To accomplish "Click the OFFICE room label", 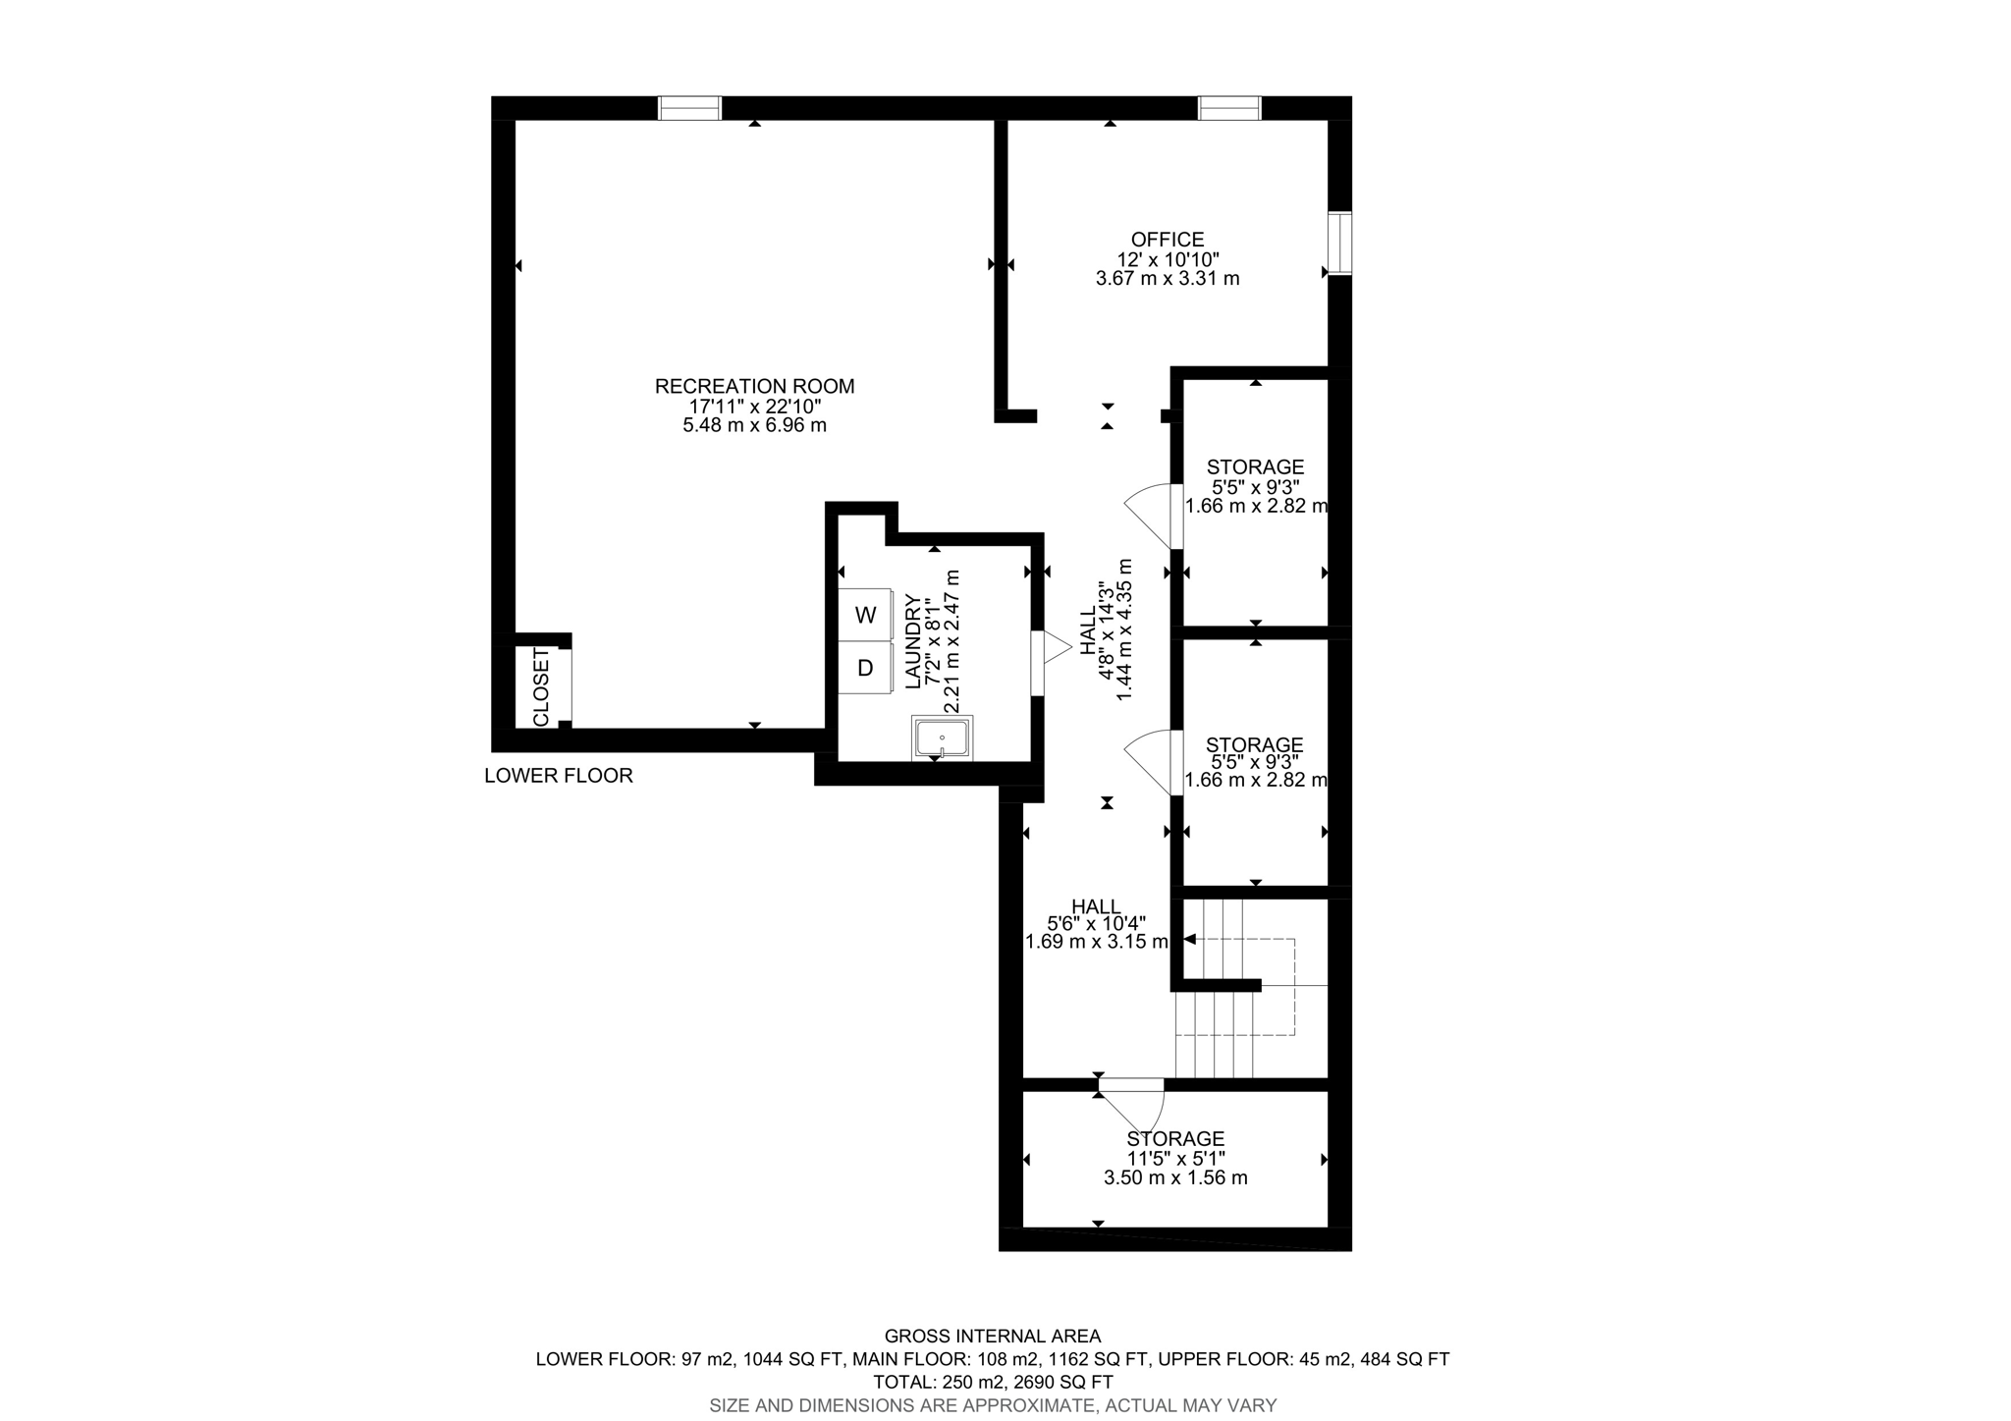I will click(1167, 240).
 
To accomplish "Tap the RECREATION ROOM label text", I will click(754, 386).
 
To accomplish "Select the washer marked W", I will click(865, 616).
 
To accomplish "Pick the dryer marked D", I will click(865, 669).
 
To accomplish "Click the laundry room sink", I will click(942, 738).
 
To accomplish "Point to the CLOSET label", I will click(541, 687).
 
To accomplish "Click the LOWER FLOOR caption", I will click(558, 776).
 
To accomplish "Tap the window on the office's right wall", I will click(1339, 243).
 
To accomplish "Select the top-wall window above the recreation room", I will click(689, 108).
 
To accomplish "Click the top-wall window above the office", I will click(1228, 108).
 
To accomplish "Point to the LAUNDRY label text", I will click(911, 640).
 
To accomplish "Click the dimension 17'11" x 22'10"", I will click(754, 406).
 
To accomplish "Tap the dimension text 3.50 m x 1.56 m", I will click(1175, 1177).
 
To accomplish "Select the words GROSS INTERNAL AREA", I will click(993, 1336).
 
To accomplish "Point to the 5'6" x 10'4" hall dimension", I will click(1096, 923).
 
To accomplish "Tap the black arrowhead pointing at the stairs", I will click(1189, 940).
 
